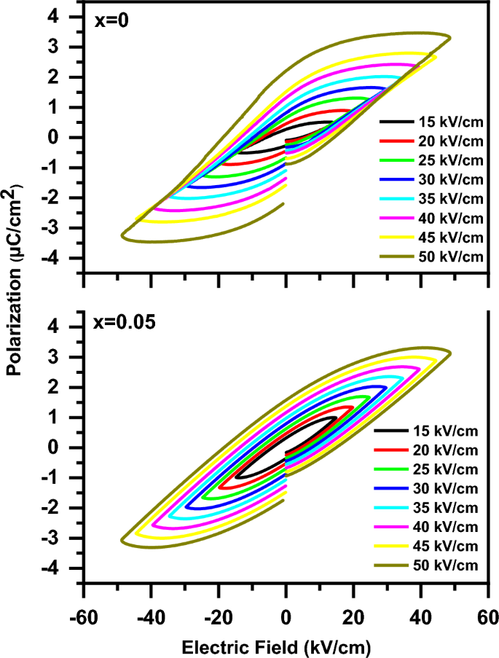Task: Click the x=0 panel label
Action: click(111, 22)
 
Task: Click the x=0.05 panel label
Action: click(125, 323)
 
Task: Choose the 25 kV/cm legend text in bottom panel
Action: click(444, 469)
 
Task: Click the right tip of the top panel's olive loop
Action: click(451, 37)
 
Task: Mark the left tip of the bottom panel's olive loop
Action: click(121, 540)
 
